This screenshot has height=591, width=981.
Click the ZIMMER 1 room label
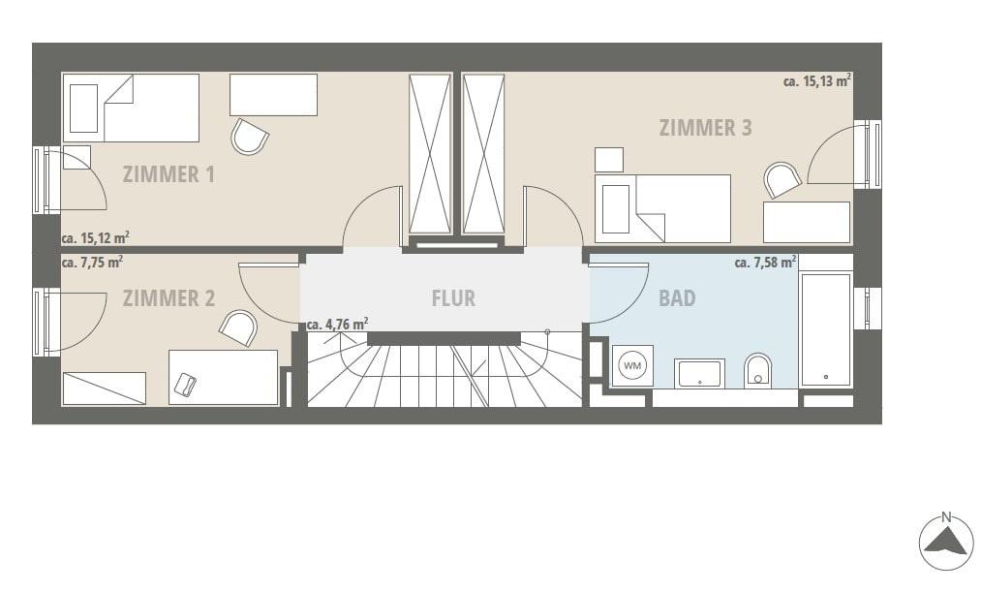point(169,174)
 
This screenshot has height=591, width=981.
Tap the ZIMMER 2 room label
point(169,298)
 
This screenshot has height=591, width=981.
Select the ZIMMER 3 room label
point(705,128)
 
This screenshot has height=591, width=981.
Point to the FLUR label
point(453,298)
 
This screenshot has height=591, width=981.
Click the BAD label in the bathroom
point(677,298)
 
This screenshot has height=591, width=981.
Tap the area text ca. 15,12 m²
point(96,237)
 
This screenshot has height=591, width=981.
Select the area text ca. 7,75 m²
point(92,262)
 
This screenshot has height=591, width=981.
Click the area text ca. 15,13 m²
point(817,80)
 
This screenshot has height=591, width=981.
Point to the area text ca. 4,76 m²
point(337,325)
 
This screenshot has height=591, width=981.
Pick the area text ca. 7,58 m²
point(765,262)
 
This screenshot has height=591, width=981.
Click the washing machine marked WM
point(632,365)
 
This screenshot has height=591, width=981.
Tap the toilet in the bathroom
point(757,371)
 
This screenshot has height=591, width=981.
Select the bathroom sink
point(699,373)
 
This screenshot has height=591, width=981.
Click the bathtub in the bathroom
point(826,329)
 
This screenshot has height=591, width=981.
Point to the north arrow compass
point(946,542)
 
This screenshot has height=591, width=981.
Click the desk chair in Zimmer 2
point(238,327)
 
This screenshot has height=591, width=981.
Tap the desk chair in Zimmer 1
point(250,136)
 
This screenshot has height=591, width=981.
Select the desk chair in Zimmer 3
point(782,180)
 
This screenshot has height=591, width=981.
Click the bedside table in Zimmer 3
point(609,160)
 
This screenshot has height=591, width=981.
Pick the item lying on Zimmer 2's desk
point(185,383)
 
